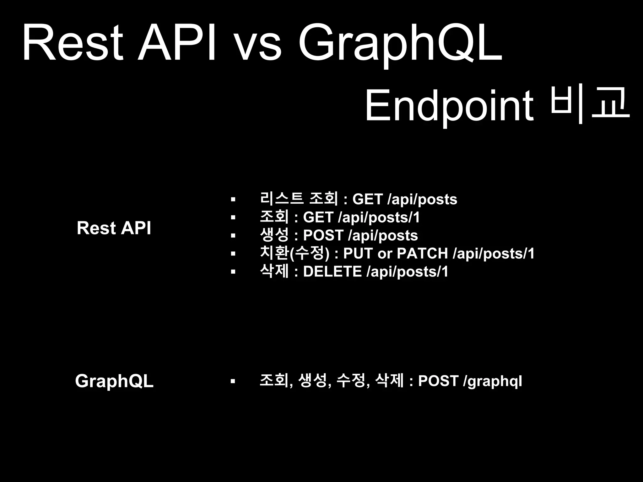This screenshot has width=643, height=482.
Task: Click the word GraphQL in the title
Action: pyautogui.click(x=400, y=44)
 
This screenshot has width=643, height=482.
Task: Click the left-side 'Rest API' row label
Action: pyautogui.click(x=114, y=228)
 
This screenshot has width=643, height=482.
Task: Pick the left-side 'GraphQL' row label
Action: pyautogui.click(x=114, y=381)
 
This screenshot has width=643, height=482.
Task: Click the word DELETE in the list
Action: pyautogui.click(x=332, y=271)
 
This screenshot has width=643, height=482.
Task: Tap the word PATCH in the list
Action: pyautogui.click(x=422, y=254)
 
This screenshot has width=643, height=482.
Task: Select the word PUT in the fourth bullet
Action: pyautogui.click(x=358, y=254)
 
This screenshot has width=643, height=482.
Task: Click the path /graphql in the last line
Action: pyautogui.click(x=493, y=382)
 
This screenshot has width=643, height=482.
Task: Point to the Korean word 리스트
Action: pyautogui.click(x=282, y=199)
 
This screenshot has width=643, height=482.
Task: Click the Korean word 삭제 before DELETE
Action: pyautogui.click(x=274, y=271)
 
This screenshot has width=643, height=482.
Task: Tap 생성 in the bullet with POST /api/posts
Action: pyautogui.click(x=274, y=235)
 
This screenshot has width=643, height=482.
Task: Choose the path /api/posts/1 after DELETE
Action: pyautogui.click(x=408, y=272)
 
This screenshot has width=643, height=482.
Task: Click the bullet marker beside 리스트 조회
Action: pyautogui.click(x=233, y=199)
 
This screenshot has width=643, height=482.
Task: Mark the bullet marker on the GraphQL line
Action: pyautogui.click(x=233, y=382)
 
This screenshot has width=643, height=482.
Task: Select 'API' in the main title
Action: pyautogui.click(x=177, y=44)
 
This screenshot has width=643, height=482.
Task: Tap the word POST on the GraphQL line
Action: pyautogui.click(x=438, y=381)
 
